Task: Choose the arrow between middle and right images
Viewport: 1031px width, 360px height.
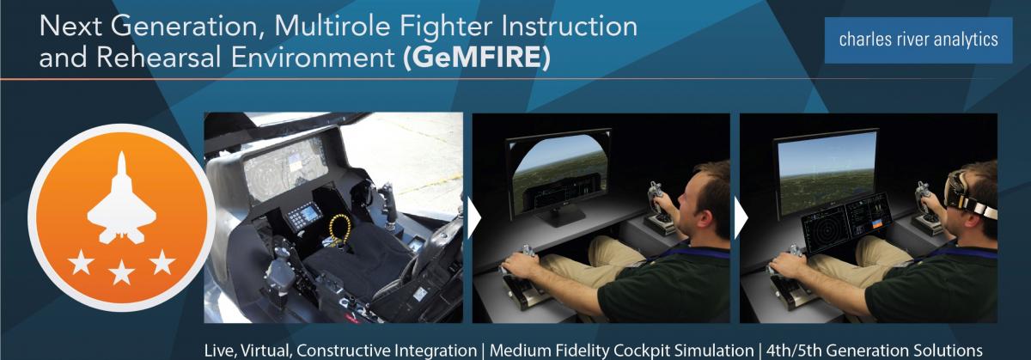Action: [x=740, y=220]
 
